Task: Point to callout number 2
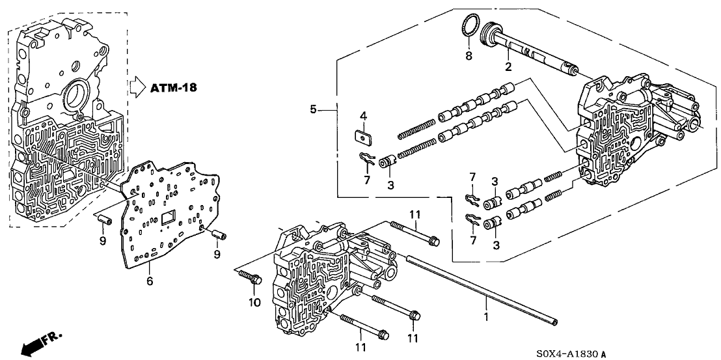508,66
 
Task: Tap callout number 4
363,116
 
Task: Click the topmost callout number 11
415,214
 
